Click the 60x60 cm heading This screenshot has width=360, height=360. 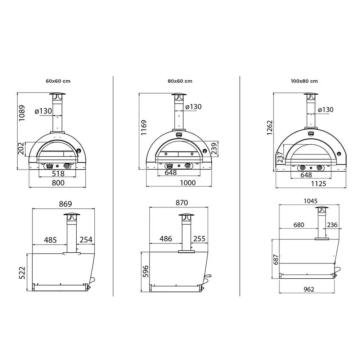pyautogui.click(x=58, y=81)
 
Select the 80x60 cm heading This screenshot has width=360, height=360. pyautogui.click(x=180, y=81)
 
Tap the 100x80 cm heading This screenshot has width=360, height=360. pyautogui.click(x=304, y=81)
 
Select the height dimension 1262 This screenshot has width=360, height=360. pyautogui.click(x=270, y=128)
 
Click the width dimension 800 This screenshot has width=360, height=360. pyautogui.click(x=58, y=183)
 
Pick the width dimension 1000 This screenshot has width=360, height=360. pyautogui.click(x=187, y=183)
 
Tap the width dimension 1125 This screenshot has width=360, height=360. pyautogui.click(x=318, y=184)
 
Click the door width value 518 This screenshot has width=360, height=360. pyautogui.click(x=58, y=174)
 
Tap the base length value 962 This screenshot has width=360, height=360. pyautogui.click(x=309, y=289)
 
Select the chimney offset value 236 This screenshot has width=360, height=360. pyautogui.click(x=332, y=225)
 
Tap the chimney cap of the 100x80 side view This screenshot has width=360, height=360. pyautogui.click(x=322, y=210)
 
